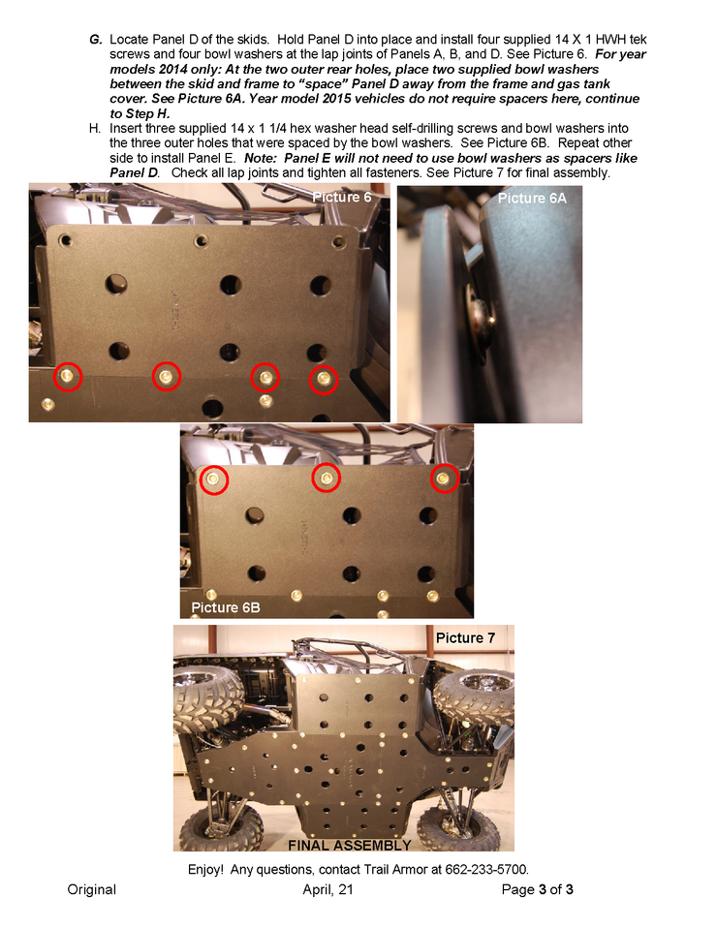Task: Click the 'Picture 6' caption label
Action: point(342,197)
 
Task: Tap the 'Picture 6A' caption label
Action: point(532,199)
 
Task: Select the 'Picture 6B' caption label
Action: point(226,607)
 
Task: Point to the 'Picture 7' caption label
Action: point(465,638)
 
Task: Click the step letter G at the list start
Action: point(95,40)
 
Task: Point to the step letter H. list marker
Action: point(95,129)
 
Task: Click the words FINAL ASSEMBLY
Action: point(350,845)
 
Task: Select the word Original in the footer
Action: point(92,889)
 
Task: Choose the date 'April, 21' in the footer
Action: point(328,889)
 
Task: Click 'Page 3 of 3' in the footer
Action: point(537,889)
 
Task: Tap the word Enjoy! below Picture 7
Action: point(205,870)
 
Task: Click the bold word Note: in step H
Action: point(260,159)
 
